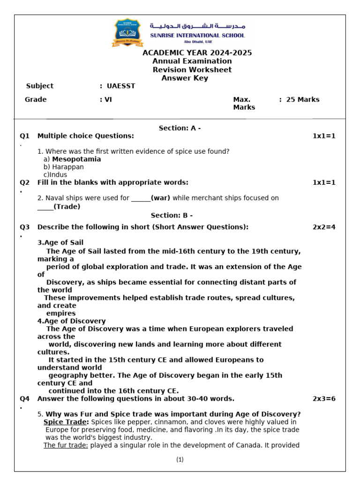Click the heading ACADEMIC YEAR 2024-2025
pos(197,52)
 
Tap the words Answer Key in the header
pos(185,78)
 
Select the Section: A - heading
pos(180,128)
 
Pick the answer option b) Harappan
pos(64,167)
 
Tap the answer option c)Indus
pos(55,175)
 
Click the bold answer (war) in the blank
pos(160,198)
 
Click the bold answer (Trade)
pos(67,206)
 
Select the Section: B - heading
pos(172,215)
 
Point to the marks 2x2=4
pos(324,227)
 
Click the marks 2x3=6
pos(324,398)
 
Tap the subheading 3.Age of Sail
pos(60,242)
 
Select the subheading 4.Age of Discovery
pos(71,321)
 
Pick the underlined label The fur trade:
pos(66,445)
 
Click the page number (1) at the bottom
pos(180,459)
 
